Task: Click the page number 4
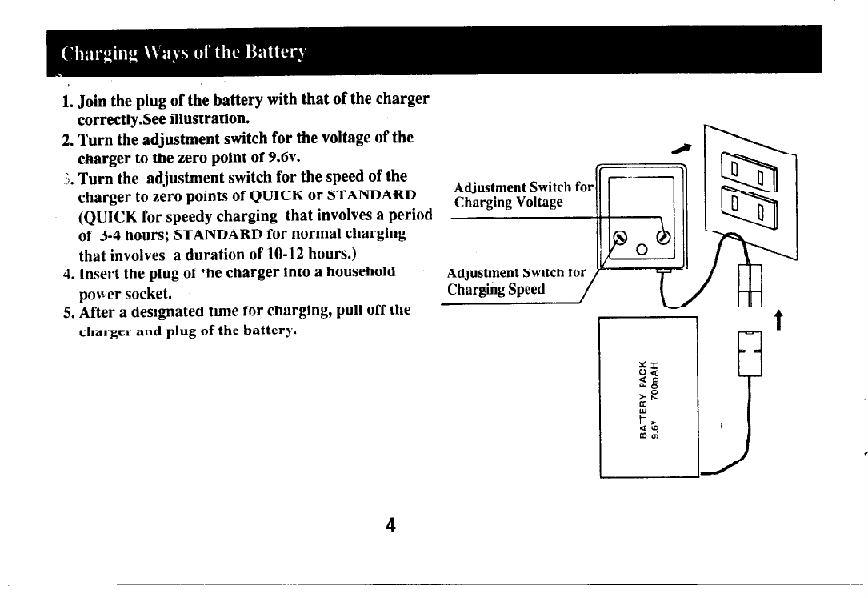coord(390,525)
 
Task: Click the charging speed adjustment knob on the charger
coord(618,237)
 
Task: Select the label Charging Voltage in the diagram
coord(508,202)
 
